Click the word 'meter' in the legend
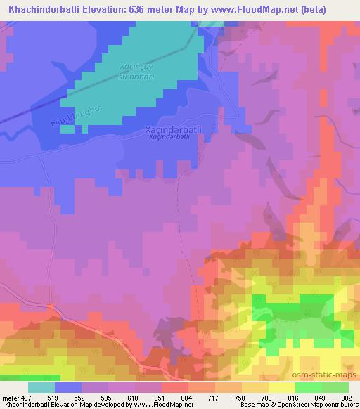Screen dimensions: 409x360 pyautogui.click(x=11, y=397)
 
